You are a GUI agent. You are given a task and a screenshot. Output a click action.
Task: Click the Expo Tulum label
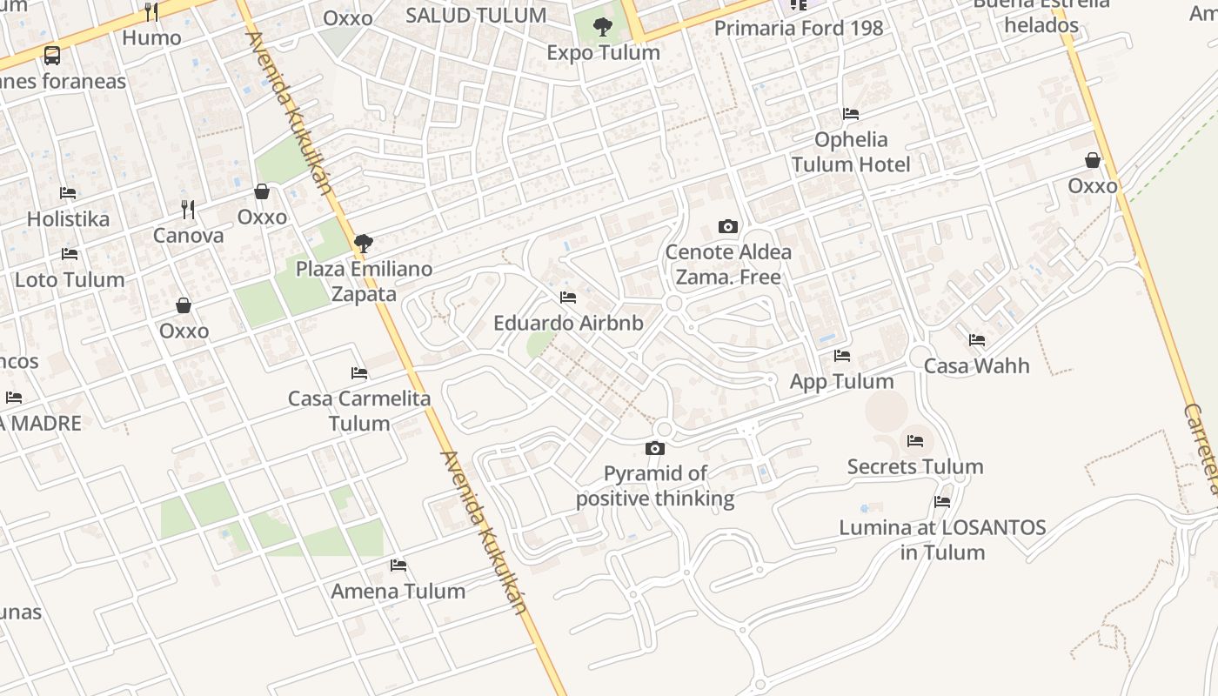pos(603,53)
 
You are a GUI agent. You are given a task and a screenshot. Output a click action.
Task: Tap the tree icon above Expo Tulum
pos(602,27)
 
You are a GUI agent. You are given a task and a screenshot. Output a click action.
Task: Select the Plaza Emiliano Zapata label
pos(364,281)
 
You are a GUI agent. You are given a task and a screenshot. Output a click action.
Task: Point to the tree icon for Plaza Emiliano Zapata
pos(364,243)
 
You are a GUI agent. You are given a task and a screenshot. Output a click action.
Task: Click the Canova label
pos(188,235)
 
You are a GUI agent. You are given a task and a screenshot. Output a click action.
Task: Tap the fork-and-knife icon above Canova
pos(188,209)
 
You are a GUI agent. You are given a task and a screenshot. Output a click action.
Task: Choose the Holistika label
pos(68,218)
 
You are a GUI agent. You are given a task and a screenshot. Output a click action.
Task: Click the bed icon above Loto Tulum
pos(70,254)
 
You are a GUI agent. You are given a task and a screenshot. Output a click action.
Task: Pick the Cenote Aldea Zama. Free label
pos(728,264)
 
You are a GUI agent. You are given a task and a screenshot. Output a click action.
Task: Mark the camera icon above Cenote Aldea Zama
pos(728,227)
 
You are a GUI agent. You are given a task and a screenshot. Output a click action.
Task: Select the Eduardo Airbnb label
pos(568,324)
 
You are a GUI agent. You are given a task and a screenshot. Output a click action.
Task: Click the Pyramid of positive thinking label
pos(655,485)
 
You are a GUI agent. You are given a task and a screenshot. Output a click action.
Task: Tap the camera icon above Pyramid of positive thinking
pos(655,448)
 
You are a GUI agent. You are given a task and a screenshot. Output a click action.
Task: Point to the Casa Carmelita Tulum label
pos(359,411)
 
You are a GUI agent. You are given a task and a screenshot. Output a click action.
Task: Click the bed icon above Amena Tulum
pos(398,565)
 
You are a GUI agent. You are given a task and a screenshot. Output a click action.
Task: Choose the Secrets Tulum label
pos(915,467)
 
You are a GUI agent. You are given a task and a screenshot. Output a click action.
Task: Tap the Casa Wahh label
pos(976,365)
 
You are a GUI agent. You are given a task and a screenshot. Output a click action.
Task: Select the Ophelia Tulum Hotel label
pos(850,152)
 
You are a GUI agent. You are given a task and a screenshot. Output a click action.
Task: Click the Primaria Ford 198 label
pos(798,28)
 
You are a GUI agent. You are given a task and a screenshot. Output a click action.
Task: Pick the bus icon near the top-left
pos(52,56)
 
